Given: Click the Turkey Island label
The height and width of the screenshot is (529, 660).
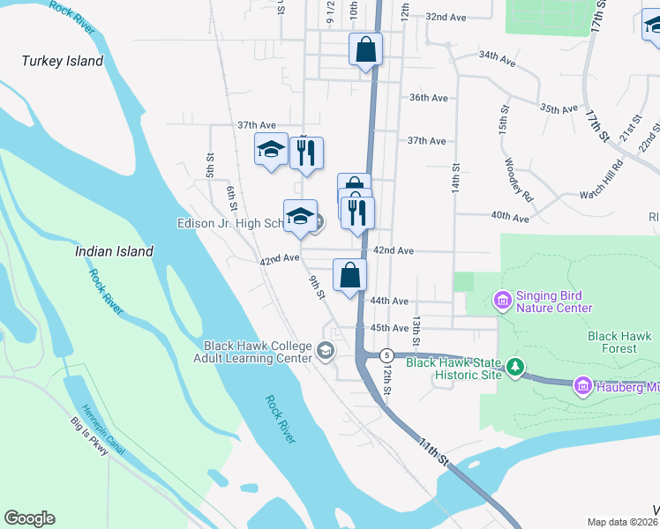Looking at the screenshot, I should [63, 61].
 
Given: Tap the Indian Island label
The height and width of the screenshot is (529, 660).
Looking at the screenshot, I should [114, 251].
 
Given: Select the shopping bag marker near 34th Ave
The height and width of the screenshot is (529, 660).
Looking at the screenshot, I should [365, 50].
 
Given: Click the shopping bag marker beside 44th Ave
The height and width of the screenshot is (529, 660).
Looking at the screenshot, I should [350, 275].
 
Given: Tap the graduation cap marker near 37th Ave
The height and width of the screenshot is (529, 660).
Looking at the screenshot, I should [271, 150].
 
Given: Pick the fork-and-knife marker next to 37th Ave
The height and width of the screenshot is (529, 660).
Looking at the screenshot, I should [306, 153].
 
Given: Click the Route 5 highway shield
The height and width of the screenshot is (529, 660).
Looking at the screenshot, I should [386, 354].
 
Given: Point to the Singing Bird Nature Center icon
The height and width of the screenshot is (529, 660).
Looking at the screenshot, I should [502, 302].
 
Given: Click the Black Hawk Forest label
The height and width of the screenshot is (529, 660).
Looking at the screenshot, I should [619, 342].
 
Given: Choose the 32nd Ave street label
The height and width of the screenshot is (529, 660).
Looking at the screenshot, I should [446, 17].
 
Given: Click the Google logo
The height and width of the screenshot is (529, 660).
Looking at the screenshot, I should [29, 518].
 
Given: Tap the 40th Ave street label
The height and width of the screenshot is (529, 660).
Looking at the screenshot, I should [510, 217].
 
